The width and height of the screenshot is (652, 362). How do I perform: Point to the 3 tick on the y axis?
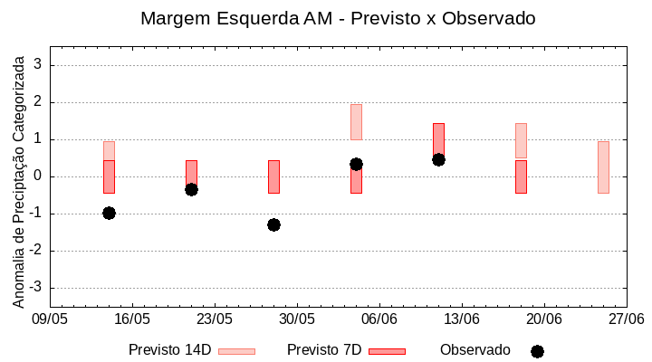point(39,65)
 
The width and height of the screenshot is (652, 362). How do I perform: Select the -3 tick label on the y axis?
point(36,288)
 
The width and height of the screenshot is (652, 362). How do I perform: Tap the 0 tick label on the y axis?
point(39,176)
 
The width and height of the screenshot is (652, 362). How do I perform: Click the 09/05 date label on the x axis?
point(50,319)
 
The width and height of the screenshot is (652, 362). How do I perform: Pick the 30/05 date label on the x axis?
point(297,319)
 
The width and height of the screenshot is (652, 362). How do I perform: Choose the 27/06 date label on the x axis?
point(626,319)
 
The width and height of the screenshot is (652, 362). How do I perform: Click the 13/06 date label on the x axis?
point(462,319)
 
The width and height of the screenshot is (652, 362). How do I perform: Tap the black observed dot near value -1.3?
point(273,224)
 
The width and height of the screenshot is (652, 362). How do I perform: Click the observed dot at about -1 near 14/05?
point(109,213)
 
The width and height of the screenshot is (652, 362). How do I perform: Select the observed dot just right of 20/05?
point(191,189)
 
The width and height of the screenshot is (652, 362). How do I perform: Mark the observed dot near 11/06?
point(438,159)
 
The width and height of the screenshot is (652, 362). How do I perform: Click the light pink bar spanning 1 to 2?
point(356,122)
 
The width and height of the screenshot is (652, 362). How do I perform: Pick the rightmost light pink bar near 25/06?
point(603,167)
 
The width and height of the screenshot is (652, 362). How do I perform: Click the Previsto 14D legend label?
point(169,350)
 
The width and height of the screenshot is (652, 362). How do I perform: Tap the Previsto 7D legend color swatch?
point(387,351)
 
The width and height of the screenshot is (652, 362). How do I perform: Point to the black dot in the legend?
point(537,351)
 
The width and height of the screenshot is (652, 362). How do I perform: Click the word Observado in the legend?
point(475,350)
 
